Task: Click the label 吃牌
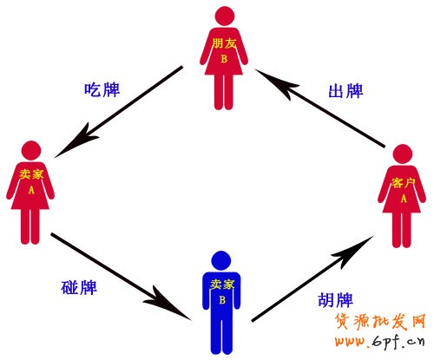pyautogui.click(x=102, y=89)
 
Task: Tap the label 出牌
pyautogui.click(x=346, y=91)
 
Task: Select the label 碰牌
pyautogui.click(x=79, y=287)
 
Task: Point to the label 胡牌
pyautogui.click(x=336, y=299)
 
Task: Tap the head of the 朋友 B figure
pyautogui.click(x=225, y=16)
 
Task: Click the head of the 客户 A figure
pyautogui.click(x=403, y=154)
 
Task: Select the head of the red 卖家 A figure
pyautogui.click(x=31, y=151)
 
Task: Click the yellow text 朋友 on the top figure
pyautogui.click(x=224, y=43)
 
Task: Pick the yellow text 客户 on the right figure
pyautogui.click(x=404, y=183)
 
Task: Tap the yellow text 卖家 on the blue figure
pyautogui.click(x=222, y=285)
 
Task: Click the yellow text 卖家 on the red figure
pyautogui.click(x=31, y=174)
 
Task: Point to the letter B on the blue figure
pyautogui.click(x=222, y=300)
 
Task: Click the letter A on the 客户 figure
pyautogui.click(x=404, y=199)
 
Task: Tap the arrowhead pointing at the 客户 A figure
pyautogui.click(x=354, y=251)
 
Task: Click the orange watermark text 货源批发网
pyautogui.click(x=380, y=321)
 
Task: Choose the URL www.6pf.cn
pyautogui.click(x=380, y=342)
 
